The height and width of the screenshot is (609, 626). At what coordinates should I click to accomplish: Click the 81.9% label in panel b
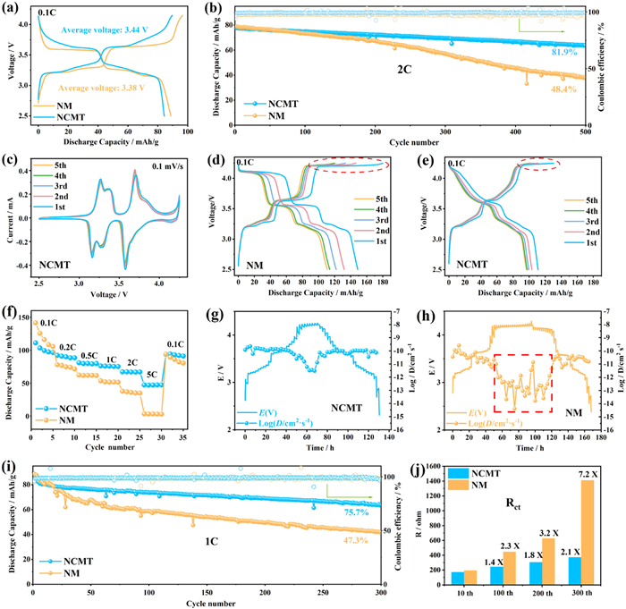click(x=563, y=53)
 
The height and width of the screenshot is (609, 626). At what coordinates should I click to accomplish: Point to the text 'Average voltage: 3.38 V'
click(x=96, y=89)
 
